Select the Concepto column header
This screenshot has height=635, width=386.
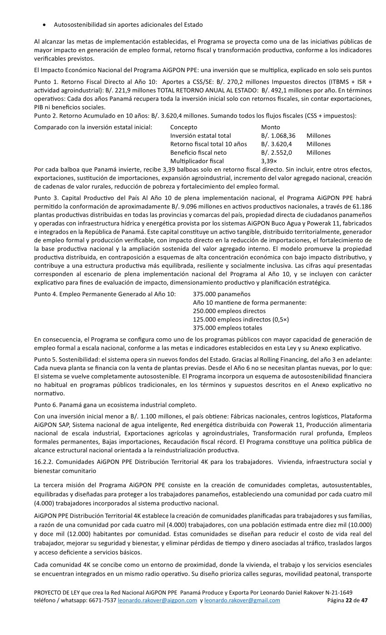(183, 127)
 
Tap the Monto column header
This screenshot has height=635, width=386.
(271, 127)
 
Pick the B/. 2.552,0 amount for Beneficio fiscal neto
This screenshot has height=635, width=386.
(276, 152)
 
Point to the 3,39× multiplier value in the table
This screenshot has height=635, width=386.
(269, 161)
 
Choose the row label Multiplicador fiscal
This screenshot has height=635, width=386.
(197, 161)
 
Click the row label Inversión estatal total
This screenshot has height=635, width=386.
(200, 136)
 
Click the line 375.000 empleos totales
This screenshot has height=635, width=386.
(228, 328)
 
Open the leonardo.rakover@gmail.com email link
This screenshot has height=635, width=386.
(242, 601)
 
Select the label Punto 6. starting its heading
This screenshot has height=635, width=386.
(46, 405)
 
